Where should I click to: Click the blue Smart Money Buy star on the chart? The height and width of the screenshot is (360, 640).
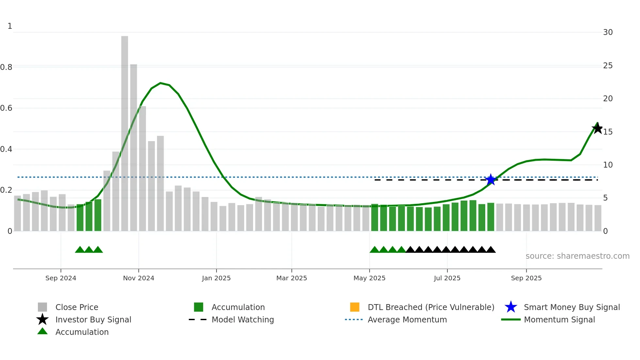pyautogui.click(x=490, y=180)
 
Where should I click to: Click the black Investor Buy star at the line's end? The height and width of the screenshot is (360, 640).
pyautogui.click(x=597, y=128)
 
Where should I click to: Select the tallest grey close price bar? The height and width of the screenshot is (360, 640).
pyautogui.click(x=124, y=133)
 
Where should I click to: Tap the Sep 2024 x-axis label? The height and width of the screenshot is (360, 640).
pyautogui.click(x=61, y=278)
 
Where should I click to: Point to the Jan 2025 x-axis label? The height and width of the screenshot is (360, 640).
pyautogui.click(x=216, y=278)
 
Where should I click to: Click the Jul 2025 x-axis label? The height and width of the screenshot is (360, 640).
pyautogui.click(x=447, y=278)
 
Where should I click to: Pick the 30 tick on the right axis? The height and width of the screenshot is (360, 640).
pyautogui.click(x=608, y=32)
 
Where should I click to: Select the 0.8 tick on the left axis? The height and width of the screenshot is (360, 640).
pyautogui.click(x=6, y=67)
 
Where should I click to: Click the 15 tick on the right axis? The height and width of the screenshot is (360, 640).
pyautogui.click(x=608, y=132)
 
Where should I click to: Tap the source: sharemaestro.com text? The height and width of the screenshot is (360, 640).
pyautogui.click(x=577, y=256)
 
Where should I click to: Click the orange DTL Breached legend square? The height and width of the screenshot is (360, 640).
pyautogui.click(x=355, y=307)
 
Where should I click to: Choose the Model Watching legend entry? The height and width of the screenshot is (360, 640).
pyautogui.click(x=243, y=319)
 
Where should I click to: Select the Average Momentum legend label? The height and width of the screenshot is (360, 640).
pyautogui.click(x=407, y=319)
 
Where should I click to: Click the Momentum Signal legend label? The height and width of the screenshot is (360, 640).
pyautogui.click(x=559, y=319)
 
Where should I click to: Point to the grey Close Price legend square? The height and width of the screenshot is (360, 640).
pyautogui.click(x=42, y=307)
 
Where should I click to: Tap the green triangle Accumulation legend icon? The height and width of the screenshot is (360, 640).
pyautogui.click(x=42, y=331)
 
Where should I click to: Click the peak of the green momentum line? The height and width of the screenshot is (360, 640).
pyautogui.click(x=160, y=83)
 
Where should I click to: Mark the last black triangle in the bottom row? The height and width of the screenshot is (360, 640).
pyautogui.click(x=490, y=250)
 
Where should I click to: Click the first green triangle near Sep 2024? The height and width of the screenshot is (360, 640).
pyautogui.click(x=80, y=250)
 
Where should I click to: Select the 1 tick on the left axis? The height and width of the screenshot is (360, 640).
pyautogui.click(x=10, y=26)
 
